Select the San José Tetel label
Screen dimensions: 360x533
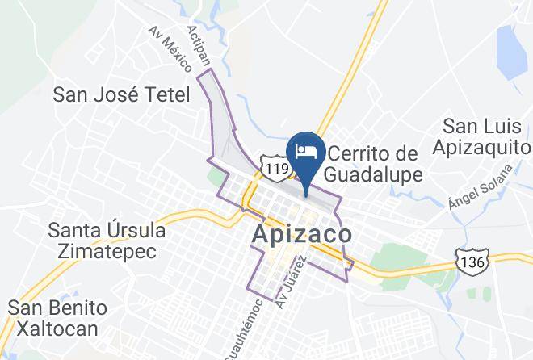(x=121, y=94)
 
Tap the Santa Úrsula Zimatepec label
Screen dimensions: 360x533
(x=107, y=240)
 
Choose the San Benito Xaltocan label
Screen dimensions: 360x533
(x=57, y=318)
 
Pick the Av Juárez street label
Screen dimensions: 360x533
(x=293, y=278)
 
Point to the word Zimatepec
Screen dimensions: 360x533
(x=107, y=250)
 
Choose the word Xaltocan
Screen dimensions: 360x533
(x=57, y=329)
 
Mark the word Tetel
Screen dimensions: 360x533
(x=167, y=94)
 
